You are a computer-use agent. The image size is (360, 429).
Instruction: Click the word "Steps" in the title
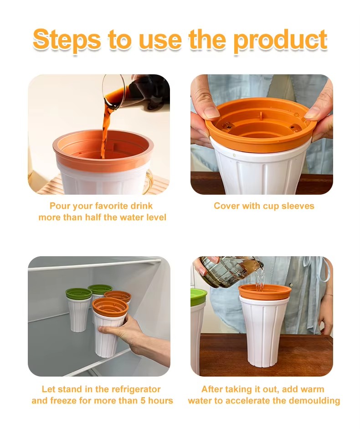coord(67,41)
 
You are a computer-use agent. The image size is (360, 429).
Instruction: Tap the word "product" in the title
coord(280,41)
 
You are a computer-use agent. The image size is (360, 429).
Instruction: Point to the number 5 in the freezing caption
coord(143,401)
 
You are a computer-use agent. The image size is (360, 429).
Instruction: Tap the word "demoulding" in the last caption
coord(314,401)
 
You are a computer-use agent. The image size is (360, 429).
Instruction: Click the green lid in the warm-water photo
coord(198,297)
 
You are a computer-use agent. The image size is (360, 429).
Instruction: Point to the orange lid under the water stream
coord(265,292)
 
